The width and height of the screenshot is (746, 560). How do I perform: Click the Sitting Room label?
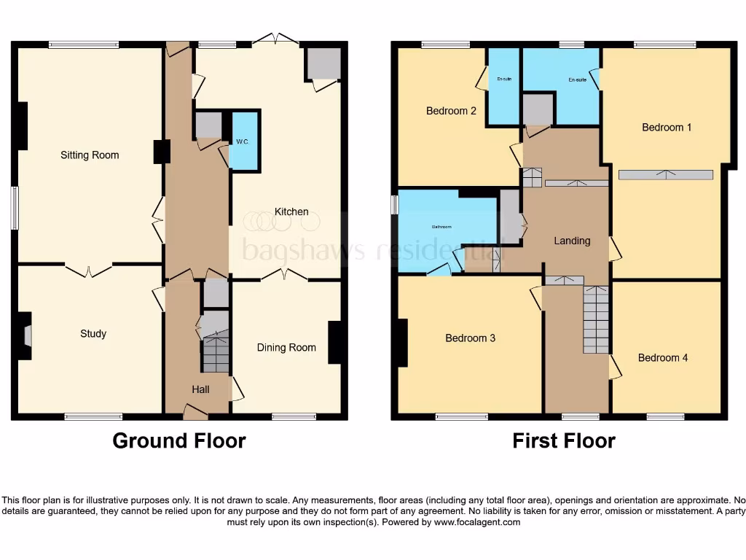(x=90, y=155)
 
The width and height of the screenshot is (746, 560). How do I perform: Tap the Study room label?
(x=93, y=334)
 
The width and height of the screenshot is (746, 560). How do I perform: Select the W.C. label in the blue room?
(x=243, y=141)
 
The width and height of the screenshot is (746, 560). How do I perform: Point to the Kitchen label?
(x=291, y=212)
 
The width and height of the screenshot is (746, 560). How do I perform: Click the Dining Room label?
(x=286, y=348)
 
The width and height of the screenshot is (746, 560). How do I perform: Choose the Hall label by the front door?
(x=200, y=389)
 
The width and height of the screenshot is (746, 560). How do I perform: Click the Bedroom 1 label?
(x=667, y=128)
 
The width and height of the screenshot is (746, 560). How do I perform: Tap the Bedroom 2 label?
(x=451, y=112)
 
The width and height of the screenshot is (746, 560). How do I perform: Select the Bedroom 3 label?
(x=471, y=338)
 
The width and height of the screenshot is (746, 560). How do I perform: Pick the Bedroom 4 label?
(x=663, y=358)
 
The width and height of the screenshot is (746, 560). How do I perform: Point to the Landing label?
(x=572, y=241)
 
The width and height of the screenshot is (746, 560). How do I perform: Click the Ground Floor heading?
(x=179, y=441)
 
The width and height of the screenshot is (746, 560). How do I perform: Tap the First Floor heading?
(x=564, y=441)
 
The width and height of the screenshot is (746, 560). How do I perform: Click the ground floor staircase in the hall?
(x=215, y=354)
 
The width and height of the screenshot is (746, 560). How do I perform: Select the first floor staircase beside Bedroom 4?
(x=596, y=319)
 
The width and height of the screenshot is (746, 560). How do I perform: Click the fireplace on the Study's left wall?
(x=26, y=335)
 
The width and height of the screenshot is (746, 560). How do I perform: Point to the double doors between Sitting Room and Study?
(x=89, y=270)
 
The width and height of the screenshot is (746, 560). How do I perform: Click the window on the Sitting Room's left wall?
(x=15, y=209)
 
